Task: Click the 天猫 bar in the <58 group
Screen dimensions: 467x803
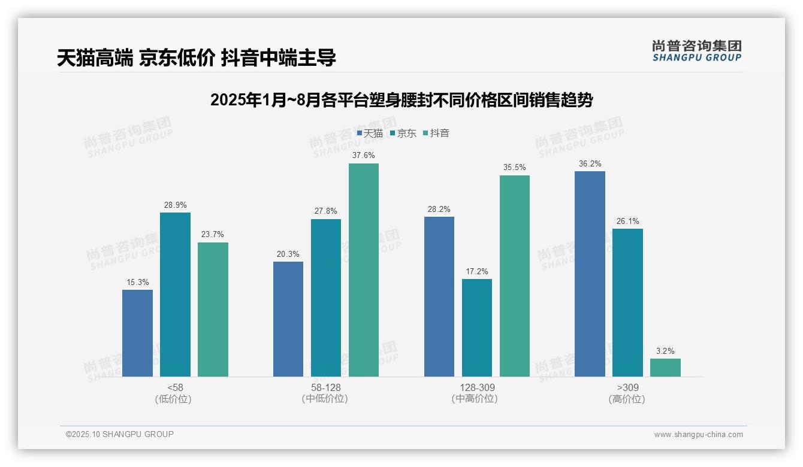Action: coord(137,333)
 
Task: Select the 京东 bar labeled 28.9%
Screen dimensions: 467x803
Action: coord(175,295)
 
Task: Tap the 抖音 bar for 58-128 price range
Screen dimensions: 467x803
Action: coord(364,270)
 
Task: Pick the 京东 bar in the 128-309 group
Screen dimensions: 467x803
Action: coord(477,327)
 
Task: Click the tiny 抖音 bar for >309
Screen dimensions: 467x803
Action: coord(665,368)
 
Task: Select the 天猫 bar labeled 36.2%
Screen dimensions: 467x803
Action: coord(590,274)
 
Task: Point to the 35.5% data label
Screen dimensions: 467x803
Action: coord(515,168)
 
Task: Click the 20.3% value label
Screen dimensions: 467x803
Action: coord(288,254)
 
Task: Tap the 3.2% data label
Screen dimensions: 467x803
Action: coord(665,351)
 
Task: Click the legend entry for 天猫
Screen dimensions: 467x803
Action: coord(370,134)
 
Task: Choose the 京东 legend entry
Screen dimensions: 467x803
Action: coord(403,134)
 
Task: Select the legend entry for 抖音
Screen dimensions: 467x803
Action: coord(436,134)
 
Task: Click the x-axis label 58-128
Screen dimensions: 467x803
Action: coord(325,388)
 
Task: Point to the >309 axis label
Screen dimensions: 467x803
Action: coord(627,388)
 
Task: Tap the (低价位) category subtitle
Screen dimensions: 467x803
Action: coord(174,399)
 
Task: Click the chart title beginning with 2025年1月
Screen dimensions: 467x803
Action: coord(401,100)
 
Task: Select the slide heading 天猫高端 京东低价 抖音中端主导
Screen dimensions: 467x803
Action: coord(196,58)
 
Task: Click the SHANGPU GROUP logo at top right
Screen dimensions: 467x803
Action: coord(696,51)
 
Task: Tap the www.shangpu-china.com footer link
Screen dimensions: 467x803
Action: coord(698,435)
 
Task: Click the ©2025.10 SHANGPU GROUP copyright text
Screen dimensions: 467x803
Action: coord(120,435)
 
